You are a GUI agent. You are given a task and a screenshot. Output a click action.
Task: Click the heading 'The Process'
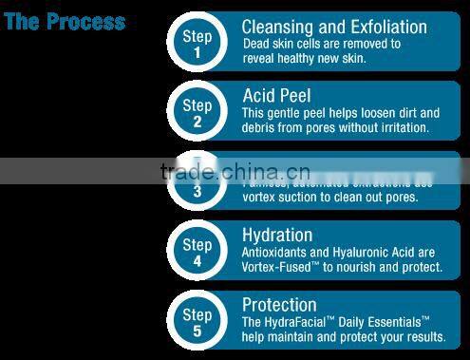pos(65,21)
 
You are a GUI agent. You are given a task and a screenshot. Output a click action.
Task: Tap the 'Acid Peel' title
pos(276,96)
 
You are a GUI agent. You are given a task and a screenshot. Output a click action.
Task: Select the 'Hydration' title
pos(277,235)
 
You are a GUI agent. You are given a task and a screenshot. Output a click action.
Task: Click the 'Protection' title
pos(279,304)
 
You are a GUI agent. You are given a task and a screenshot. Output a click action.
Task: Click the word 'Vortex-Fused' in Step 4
pos(281,267)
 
